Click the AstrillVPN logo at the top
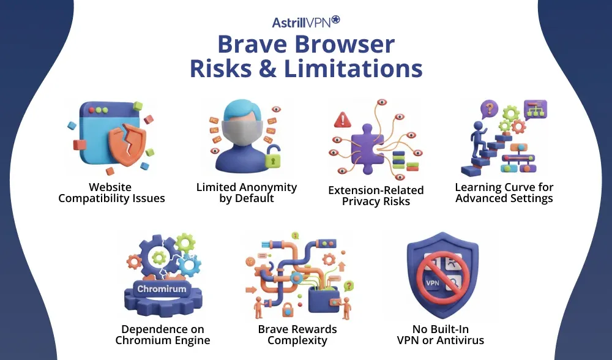tap(305, 22)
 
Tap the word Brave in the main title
tap(253, 45)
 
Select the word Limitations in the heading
tap(353, 68)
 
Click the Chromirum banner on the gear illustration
tap(162, 288)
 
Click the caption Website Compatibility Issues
tap(111, 192)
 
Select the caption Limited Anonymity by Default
tap(246, 192)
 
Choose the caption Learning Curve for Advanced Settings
tap(504, 192)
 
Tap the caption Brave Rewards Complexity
tap(297, 335)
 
